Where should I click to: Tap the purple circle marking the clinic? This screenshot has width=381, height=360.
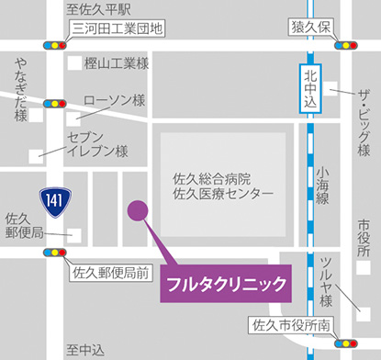pos(137,209)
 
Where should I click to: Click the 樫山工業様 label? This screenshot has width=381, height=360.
pos(116,63)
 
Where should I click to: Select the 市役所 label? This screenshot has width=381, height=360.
pos(364,236)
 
